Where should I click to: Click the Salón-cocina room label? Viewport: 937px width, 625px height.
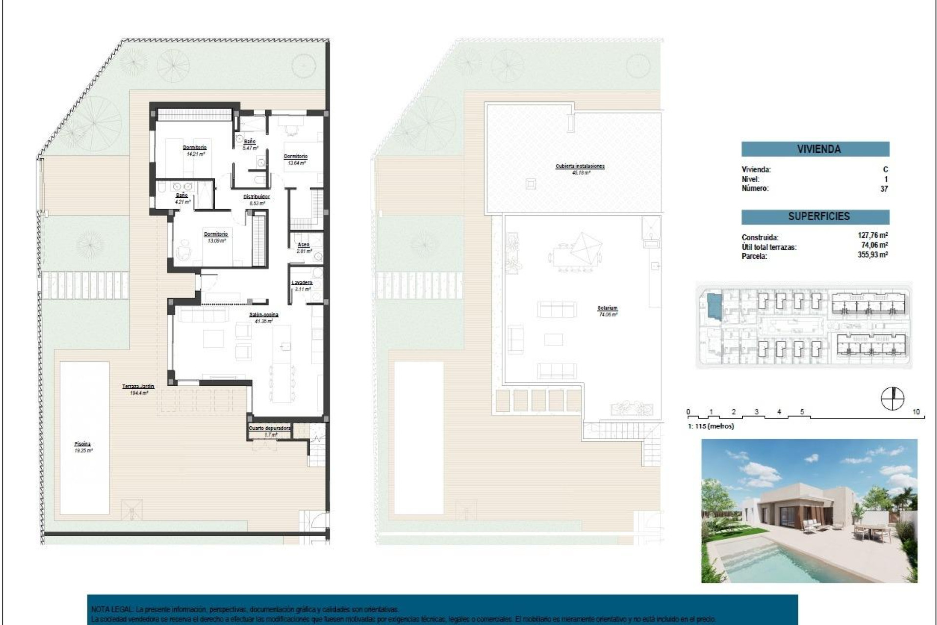pyautogui.click(x=264, y=315)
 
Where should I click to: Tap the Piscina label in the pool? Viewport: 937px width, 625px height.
pyautogui.click(x=83, y=444)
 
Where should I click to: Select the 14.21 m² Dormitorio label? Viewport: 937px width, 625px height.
pyautogui.click(x=195, y=147)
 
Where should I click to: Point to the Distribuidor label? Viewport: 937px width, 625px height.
pyautogui.click(x=257, y=197)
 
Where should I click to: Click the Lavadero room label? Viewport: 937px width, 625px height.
pyautogui.click(x=302, y=283)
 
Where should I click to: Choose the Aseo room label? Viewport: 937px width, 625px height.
pyautogui.click(x=303, y=245)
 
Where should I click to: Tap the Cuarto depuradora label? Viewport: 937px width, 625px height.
pyautogui.click(x=270, y=428)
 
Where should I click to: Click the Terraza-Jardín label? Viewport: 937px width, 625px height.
pyautogui.click(x=138, y=387)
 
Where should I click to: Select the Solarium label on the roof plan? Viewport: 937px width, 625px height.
pyautogui.click(x=607, y=309)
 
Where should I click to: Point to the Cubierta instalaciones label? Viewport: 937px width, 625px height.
pyautogui.click(x=580, y=167)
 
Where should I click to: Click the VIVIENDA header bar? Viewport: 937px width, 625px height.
pyautogui.click(x=815, y=149)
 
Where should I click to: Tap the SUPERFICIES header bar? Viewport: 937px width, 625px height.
pyautogui.click(x=815, y=216)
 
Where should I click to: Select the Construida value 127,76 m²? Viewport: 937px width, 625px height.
pyautogui.click(x=873, y=235)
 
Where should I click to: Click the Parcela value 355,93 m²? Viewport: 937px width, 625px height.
pyautogui.click(x=873, y=255)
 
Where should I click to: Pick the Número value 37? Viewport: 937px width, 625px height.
pyautogui.click(x=884, y=189)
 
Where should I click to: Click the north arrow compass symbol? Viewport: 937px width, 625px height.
pyautogui.click(x=892, y=398)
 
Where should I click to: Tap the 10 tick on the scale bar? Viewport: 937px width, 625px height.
pyautogui.click(x=916, y=412)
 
